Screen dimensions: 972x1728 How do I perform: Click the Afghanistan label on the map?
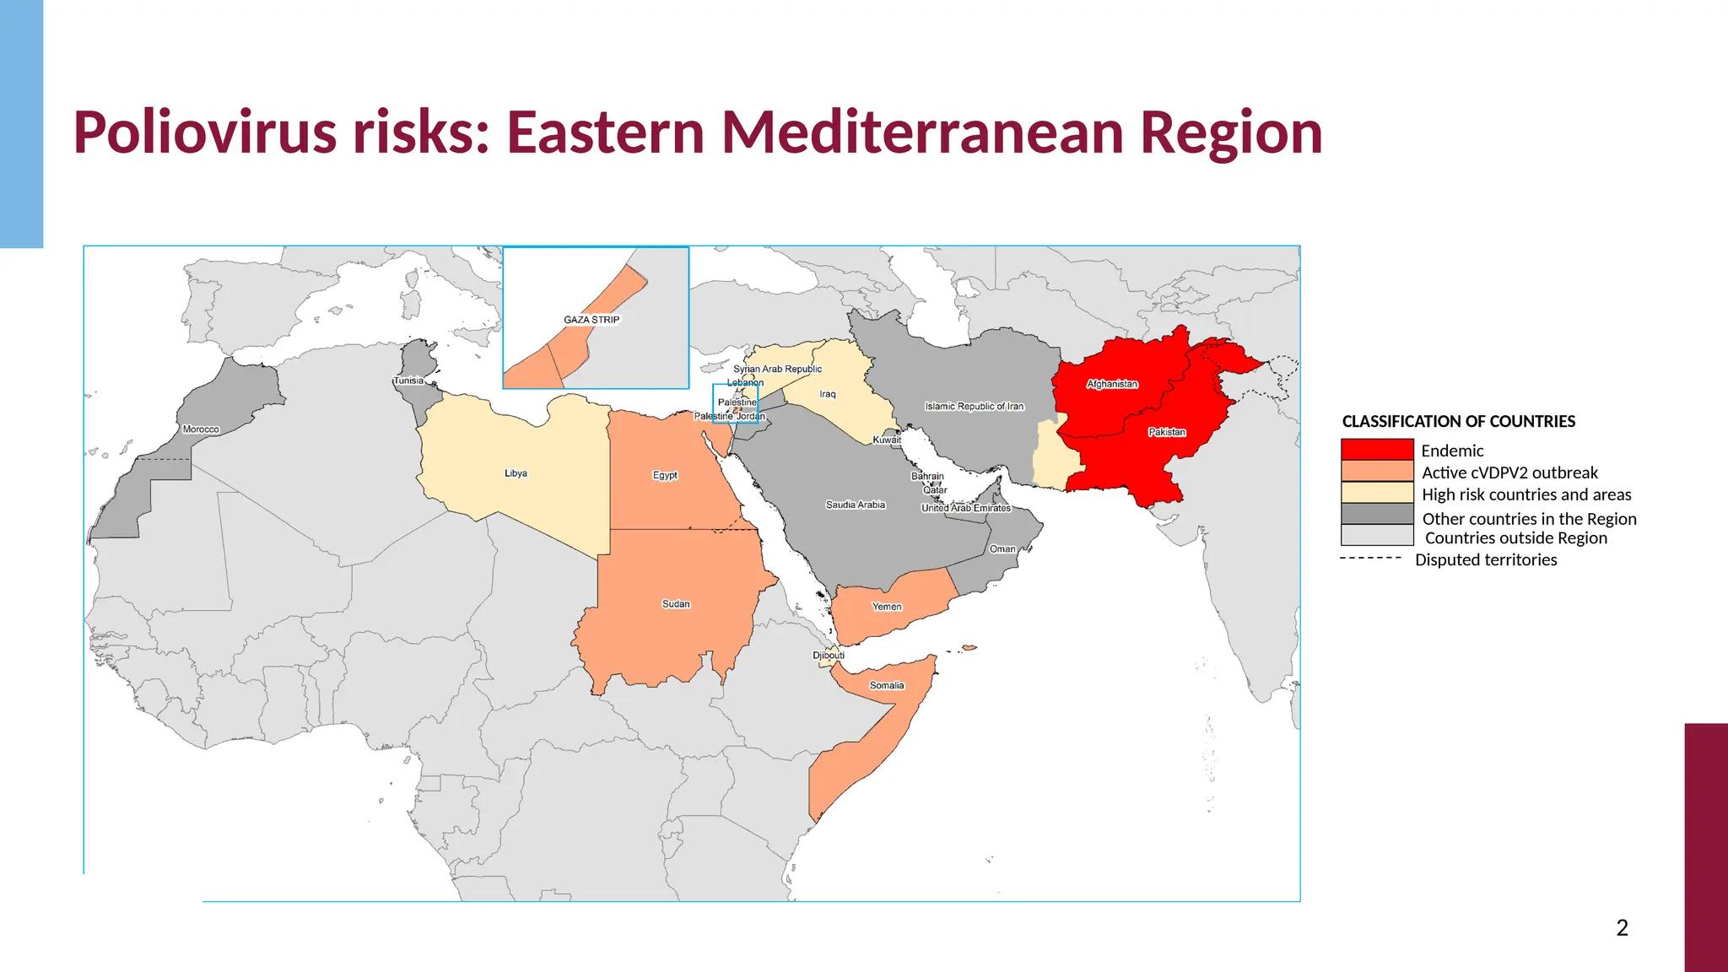tap(1112, 384)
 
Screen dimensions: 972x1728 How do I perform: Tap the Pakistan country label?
tap(1167, 432)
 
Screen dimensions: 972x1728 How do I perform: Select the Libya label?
tap(516, 473)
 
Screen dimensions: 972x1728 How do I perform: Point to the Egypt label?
tap(665, 475)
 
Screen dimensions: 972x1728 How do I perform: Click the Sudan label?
tap(676, 604)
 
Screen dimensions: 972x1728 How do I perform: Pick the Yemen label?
tap(887, 607)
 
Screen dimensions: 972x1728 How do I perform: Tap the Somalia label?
tap(887, 685)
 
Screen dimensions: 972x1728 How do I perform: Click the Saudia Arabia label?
tap(856, 505)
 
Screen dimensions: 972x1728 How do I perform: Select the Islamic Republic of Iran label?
tap(975, 406)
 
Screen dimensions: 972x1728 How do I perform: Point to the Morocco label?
tap(201, 429)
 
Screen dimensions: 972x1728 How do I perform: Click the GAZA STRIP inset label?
tap(591, 320)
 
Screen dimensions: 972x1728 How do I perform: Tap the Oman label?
tap(1002, 548)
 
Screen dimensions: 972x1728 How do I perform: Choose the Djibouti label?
tap(828, 656)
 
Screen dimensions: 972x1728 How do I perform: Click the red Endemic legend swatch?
tap(1377, 450)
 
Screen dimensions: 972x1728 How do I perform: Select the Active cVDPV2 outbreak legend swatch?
tap(1377, 471)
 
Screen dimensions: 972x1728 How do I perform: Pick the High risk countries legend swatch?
tap(1377, 493)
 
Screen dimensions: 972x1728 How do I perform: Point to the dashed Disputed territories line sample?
tap(1370, 559)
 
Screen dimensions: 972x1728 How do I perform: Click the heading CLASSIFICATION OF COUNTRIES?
tap(1458, 421)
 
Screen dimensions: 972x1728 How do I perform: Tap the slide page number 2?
tap(1622, 928)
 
